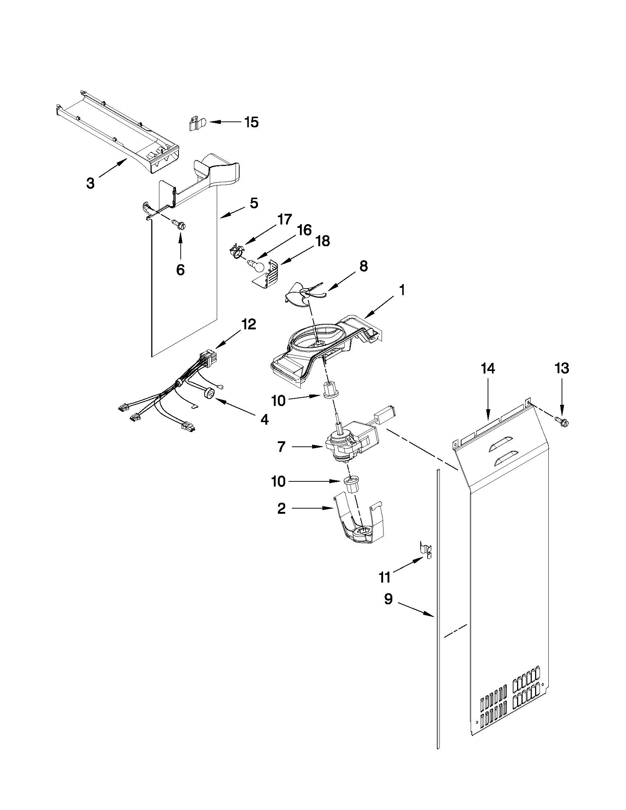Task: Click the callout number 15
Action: tap(251, 122)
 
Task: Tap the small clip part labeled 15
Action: tap(195, 124)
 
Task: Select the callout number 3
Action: tap(90, 183)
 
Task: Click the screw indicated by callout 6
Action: tap(180, 224)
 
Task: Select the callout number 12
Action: tap(248, 325)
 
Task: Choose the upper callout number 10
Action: tap(279, 400)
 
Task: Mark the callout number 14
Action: tap(488, 369)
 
